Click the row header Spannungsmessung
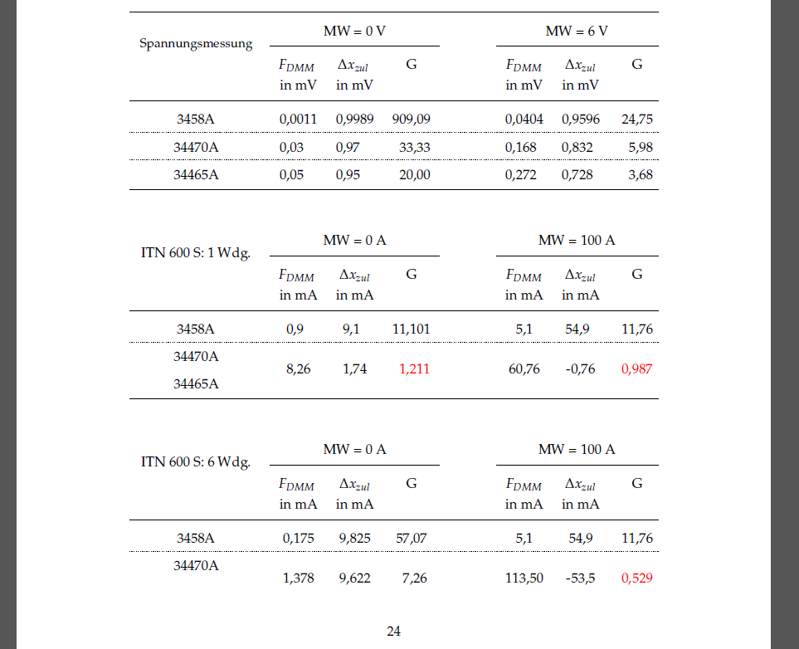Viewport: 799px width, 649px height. coord(196,44)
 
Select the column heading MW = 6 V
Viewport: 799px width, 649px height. coord(577,31)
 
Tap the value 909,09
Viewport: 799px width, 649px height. coord(411,119)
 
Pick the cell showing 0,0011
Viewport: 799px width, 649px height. coord(298,119)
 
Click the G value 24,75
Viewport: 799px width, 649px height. coord(637,119)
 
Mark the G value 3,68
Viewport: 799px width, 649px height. coord(641,174)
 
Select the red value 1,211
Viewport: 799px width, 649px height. coord(415,368)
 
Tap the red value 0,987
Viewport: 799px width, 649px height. coord(637,368)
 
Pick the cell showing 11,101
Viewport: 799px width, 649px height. coord(411,329)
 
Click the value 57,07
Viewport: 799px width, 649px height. coord(412,538)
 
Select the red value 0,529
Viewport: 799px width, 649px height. coord(637,578)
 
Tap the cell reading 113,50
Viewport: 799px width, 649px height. coord(524,578)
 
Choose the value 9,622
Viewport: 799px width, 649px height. coord(354,578)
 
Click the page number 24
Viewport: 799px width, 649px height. coord(394,632)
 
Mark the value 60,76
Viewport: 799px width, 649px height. coord(524,368)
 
